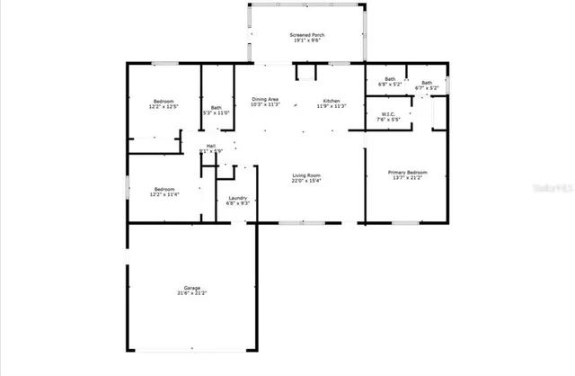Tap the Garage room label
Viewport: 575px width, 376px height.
pyautogui.click(x=191, y=287)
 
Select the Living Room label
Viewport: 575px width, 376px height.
pyautogui.click(x=306, y=175)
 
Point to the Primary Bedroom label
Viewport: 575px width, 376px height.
pyautogui.click(x=407, y=172)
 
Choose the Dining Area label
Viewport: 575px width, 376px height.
pyautogui.click(x=266, y=99)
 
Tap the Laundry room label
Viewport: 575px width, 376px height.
pyautogui.click(x=238, y=198)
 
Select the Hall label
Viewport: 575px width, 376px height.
pyautogui.click(x=211, y=146)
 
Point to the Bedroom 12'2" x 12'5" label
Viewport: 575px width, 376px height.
pyautogui.click(x=163, y=101)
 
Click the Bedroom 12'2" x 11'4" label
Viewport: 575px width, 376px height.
pyautogui.click(x=163, y=188)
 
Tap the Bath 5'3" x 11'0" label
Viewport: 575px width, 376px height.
pyautogui.click(x=217, y=107)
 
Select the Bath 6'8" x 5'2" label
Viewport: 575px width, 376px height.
pyautogui.click(x=390, y=79)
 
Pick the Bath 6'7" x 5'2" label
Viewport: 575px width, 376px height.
pyautogui.click(x=427, y=83)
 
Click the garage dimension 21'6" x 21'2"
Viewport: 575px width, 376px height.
pyautogui.click(x=191, y=293)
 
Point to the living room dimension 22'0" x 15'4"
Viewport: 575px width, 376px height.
pyautogui.click(x=306, y=181)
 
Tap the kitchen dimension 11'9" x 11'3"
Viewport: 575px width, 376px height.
pyautogui.click(x=332, y=105)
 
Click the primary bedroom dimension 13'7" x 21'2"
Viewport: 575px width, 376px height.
pyautogui.click(x=407, y=178)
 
